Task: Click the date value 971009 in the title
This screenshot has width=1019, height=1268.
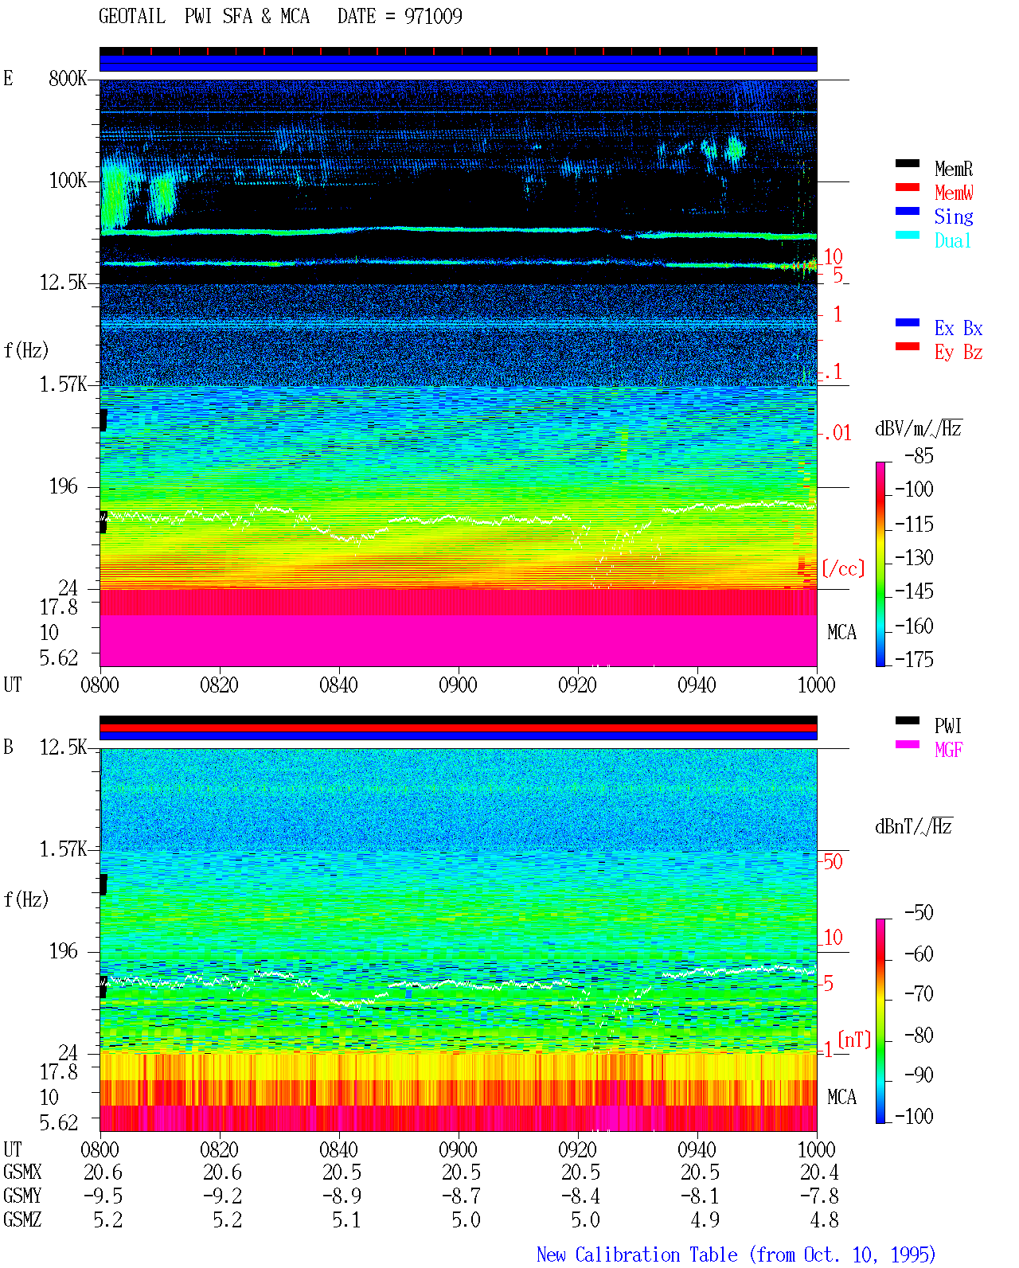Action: (x=433, y=17)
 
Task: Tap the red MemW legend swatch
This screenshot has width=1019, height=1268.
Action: (x=907, y=187)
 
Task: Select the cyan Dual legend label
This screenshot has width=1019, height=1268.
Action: (x=953, y=240)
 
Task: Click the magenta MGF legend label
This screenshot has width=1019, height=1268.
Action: (x=948, y=750)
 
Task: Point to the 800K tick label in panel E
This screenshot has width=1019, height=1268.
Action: (x=67, y=78)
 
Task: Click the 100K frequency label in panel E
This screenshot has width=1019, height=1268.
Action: (x=67, y=181)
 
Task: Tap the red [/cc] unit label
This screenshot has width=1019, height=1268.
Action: (x=843, y=568)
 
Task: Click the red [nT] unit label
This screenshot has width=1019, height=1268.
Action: (x=854, y=1040)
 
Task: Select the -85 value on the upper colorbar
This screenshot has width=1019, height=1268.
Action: (x=919, y=455)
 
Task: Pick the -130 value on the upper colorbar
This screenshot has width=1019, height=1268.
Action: (x=914, y=557)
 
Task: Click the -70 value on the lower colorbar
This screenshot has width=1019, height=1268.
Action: (x=919, y=994)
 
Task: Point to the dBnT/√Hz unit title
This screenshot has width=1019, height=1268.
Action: (x=913, y=827)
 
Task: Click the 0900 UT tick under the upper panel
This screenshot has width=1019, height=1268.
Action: (x=458, y=685)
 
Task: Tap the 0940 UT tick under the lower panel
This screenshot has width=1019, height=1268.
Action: (x=697, y=1149)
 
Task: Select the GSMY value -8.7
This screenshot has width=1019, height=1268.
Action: (x=462, y=1196)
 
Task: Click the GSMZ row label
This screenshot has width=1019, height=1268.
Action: (x=22, y=1219)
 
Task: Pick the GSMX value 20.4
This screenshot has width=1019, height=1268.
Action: (x=819, y=1172)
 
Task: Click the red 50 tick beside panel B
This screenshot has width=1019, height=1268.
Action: (x=833, y=862)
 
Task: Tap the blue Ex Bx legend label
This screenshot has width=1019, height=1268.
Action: (x=958, y=328)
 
